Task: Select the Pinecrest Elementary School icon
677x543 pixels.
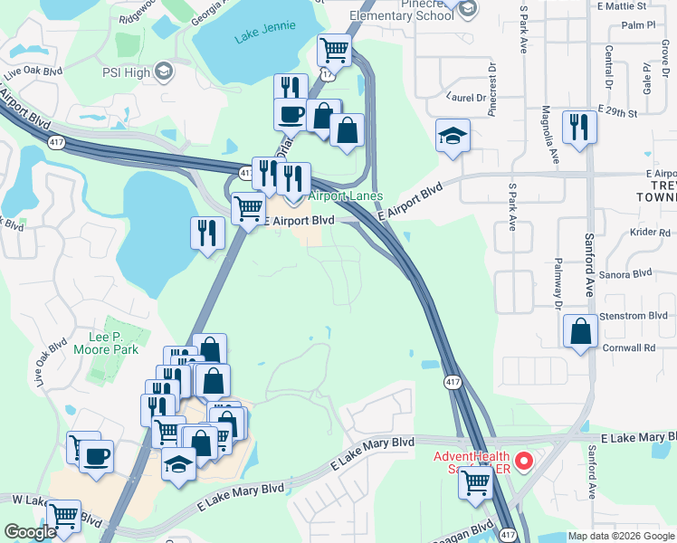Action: [x=467, y=9]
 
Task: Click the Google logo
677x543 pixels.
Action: [x=31, y=532]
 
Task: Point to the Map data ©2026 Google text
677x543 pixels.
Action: [x=620, y=536]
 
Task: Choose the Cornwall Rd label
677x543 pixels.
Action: [x=630, y=348]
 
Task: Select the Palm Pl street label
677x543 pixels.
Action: [x=638, y=25]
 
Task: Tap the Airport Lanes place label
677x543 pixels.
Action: [x=345, y=196]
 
